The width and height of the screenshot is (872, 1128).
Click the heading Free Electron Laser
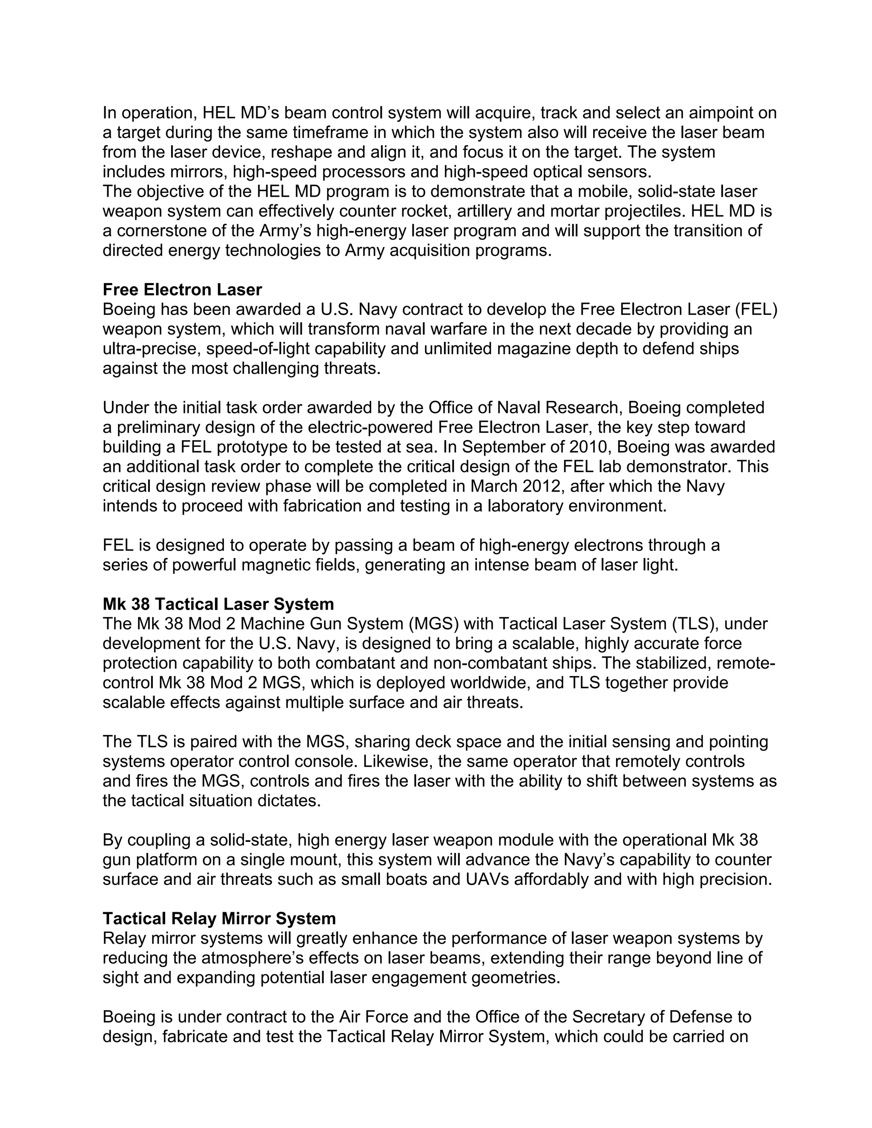(x=182, y=290)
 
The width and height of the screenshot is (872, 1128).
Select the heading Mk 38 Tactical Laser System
(x=218, y=604)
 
